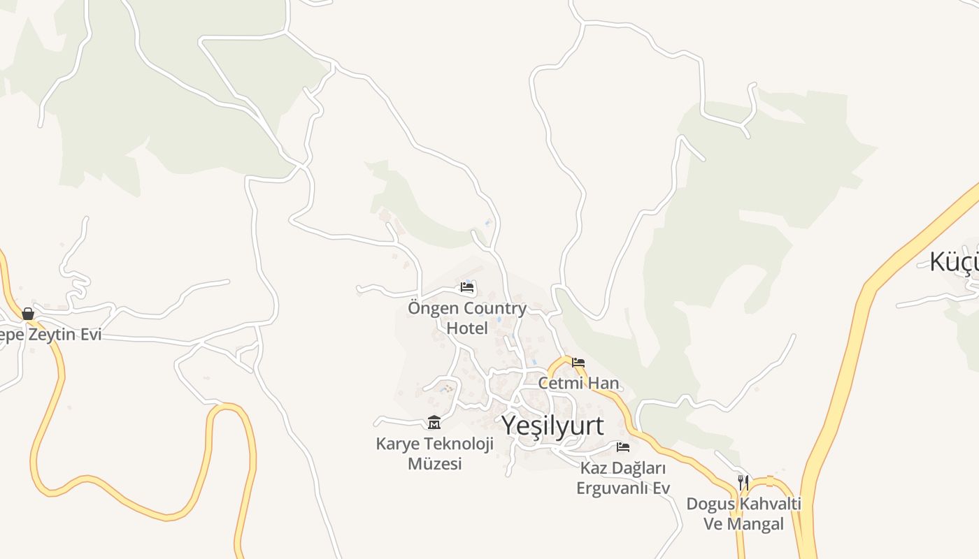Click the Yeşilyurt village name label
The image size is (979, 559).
click(x=552, y=426)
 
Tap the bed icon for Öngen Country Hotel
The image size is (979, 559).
click(x=467, y=287)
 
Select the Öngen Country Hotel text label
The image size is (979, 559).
click(x=467, y=317)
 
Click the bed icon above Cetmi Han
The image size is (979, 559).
click(x=578, y=363)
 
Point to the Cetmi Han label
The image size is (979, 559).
click(x=579, y=383)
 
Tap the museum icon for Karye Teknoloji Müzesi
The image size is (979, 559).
click(x=434, y=422)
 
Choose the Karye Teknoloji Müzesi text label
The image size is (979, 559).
click(x=435, y=453)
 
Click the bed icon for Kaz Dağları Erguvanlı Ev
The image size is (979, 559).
click(x=623, y=447)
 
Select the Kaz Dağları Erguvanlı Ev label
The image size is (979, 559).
click(x=623, y=478)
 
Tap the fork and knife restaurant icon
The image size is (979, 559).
click(x=743, y=482)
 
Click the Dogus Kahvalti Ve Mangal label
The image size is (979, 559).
click(x=743, y=514)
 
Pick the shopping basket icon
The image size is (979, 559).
click(x=28, y=314)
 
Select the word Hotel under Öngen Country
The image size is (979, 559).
click(x=467, y=327)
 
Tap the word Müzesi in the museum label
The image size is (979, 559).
click(x=435, y=463)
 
